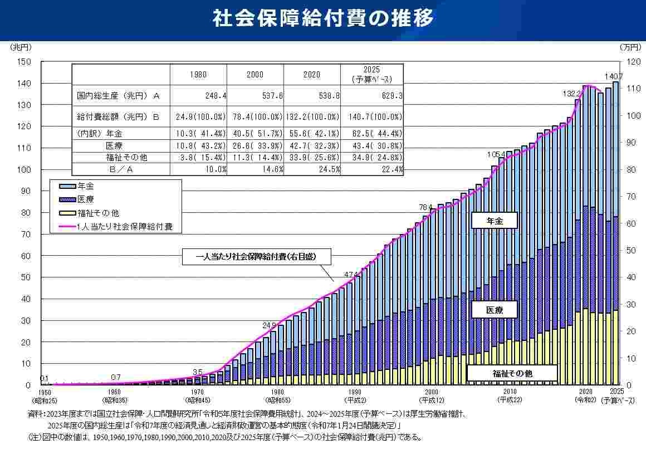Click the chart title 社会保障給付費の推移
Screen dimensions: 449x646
coord(322,18)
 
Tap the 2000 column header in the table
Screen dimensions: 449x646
coord(255,74)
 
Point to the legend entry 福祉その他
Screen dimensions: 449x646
coord(98,213)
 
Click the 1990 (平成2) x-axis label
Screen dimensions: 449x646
coord(353,396)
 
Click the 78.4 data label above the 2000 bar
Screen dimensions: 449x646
coord(426,207)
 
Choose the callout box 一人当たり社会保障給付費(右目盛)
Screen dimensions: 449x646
coord(256,257)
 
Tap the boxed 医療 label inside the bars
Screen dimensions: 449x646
coord(494,310)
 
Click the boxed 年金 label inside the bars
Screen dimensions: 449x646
coord(494,221)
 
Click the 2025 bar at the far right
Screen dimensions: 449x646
coord(616,234)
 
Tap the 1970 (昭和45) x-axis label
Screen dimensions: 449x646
coord(198,396)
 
